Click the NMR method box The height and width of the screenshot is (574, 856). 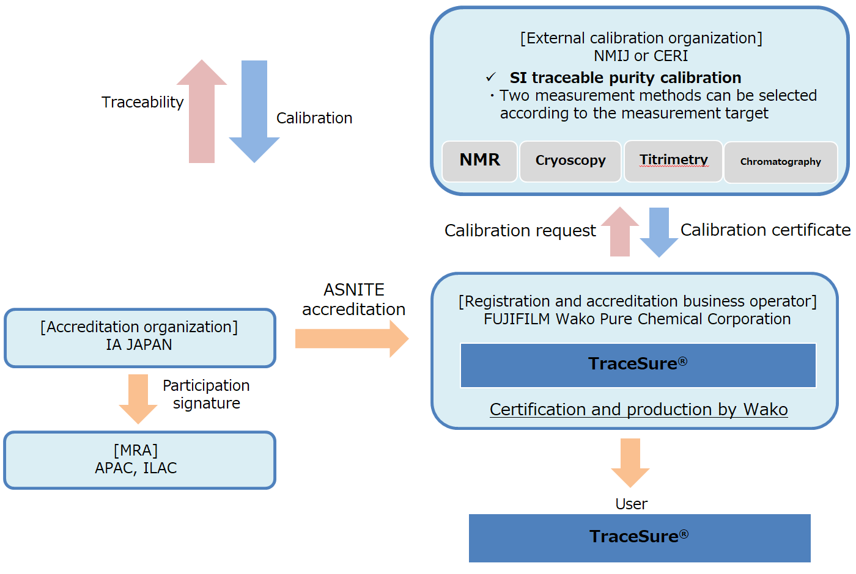[x=479, y=161]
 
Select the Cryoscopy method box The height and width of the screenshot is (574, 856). [x=570, y=161]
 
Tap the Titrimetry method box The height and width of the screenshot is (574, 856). [x=673, y=161]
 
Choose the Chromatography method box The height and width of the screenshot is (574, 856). [x=780, y=162]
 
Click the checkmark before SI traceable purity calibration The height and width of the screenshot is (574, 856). [x=490, y=78]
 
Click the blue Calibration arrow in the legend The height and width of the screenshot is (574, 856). [x=254, y=110]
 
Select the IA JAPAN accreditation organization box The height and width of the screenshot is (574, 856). [x=140, y=338]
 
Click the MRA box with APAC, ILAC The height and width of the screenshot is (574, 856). [x=140, y=460]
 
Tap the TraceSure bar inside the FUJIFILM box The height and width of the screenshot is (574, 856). [x=638, y=365]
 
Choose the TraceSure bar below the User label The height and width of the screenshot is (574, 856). [x=640, y=537]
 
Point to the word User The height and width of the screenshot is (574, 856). [x=631, y=504]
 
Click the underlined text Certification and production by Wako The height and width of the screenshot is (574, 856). [x=638, y=409]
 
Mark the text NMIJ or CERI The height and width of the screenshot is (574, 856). [x=641, y=56]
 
